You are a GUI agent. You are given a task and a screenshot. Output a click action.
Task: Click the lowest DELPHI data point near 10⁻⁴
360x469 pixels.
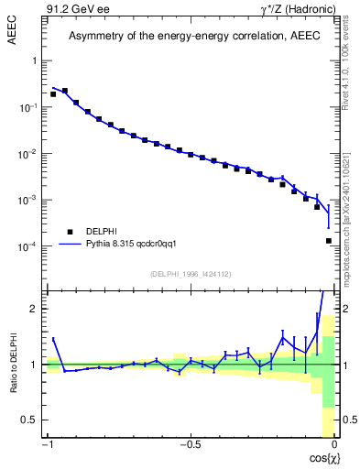coord(328,241)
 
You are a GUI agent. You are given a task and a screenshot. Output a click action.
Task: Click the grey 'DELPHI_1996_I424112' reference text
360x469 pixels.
coord(191,274)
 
